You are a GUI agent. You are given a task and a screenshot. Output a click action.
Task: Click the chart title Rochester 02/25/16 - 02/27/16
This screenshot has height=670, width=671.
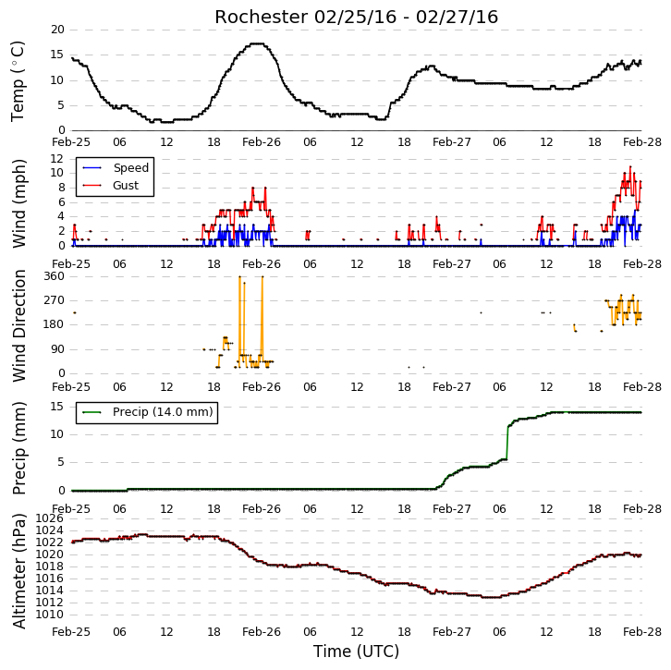356,18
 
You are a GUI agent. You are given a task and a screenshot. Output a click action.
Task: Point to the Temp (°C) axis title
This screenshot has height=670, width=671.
18,81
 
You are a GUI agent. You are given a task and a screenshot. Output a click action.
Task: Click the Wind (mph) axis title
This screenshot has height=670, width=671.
18,203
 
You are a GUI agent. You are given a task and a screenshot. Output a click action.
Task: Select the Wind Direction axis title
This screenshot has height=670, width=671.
18,325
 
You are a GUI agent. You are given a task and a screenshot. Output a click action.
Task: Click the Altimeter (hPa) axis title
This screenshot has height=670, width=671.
18,572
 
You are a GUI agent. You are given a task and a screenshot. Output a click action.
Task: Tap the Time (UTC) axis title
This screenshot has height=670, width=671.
356,652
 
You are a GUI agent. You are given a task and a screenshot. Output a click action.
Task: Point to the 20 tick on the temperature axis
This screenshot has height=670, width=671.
57,30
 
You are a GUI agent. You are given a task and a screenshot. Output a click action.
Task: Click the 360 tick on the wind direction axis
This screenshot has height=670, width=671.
55,276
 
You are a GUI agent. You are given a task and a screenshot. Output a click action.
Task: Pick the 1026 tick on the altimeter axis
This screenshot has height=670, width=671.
49,518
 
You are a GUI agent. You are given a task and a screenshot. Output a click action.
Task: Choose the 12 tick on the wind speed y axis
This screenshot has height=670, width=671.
57,159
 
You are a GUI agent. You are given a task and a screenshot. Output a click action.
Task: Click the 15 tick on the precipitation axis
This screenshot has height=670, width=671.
57,406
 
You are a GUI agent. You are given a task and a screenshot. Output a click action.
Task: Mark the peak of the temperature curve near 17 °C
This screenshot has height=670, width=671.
257,43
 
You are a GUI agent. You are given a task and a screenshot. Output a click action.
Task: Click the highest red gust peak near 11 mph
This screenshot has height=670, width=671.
630,167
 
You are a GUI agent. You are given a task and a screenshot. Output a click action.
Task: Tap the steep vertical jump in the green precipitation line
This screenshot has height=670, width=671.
507,443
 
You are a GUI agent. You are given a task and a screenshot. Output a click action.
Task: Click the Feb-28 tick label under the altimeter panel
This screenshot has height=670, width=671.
642,632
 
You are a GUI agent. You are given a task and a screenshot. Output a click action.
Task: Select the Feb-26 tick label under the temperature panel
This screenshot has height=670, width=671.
261,142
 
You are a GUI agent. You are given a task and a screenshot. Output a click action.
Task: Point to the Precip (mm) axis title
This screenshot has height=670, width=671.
18,448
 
